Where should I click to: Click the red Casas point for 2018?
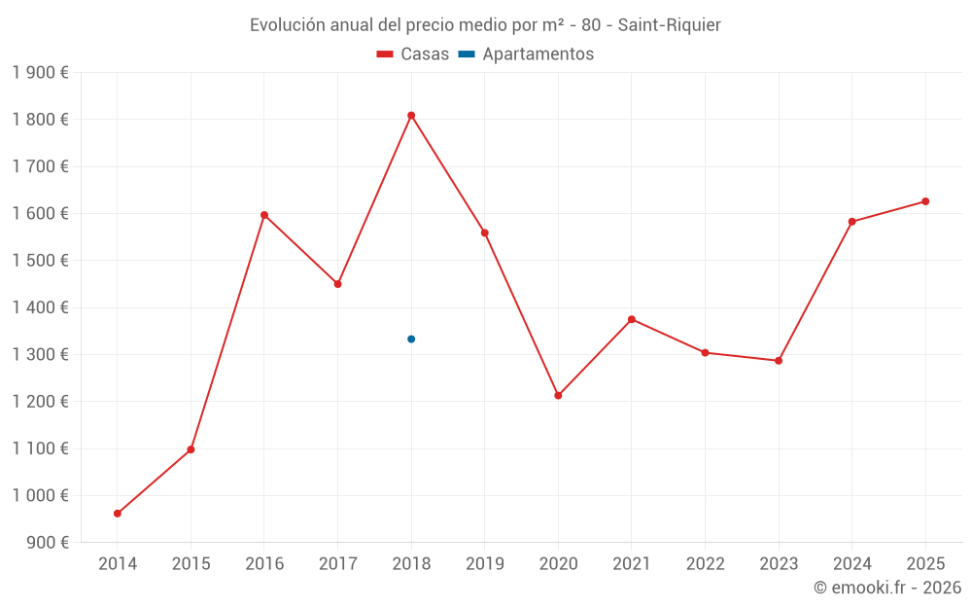click(x=411, y=116)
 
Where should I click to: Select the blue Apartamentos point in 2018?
click(x=411, y=339)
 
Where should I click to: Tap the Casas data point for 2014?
click(x=118, y=514)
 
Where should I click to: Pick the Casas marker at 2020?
click(x=558, y=396)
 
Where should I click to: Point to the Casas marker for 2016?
click(x=264, y=215)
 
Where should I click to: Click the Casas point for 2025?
click(x=925, y=201)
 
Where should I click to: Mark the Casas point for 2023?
click(x=779, y=361)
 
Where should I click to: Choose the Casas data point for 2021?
click(x=632, y=319)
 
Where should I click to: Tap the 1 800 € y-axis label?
click(x=40, y=120)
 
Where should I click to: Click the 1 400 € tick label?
click(x=40, y=307)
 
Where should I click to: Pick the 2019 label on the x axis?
click(x=484, y=564)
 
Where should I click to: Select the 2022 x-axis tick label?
click(x=705, y=564)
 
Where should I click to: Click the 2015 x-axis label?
click(x=191, y=564)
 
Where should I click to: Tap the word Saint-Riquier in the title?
click(x=670, y=25)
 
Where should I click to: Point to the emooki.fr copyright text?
click(x=886, y=588)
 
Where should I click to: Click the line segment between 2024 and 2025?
click(x=888, y=211)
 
